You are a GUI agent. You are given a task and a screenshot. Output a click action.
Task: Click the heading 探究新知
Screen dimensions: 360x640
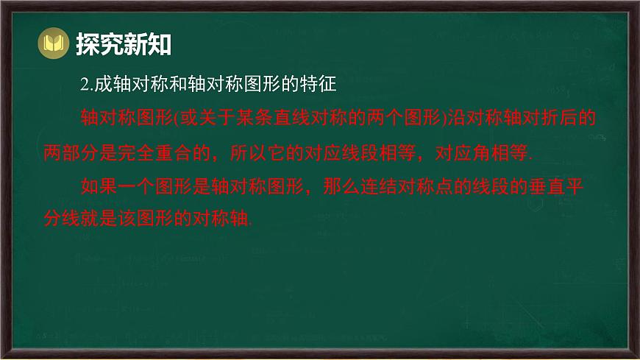click(x=123, y=45)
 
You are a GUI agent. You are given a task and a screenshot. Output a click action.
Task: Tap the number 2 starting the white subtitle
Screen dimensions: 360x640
click(x=84, y=85)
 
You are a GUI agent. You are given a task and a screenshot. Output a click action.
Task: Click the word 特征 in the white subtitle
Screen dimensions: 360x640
click(x=318, y=85)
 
